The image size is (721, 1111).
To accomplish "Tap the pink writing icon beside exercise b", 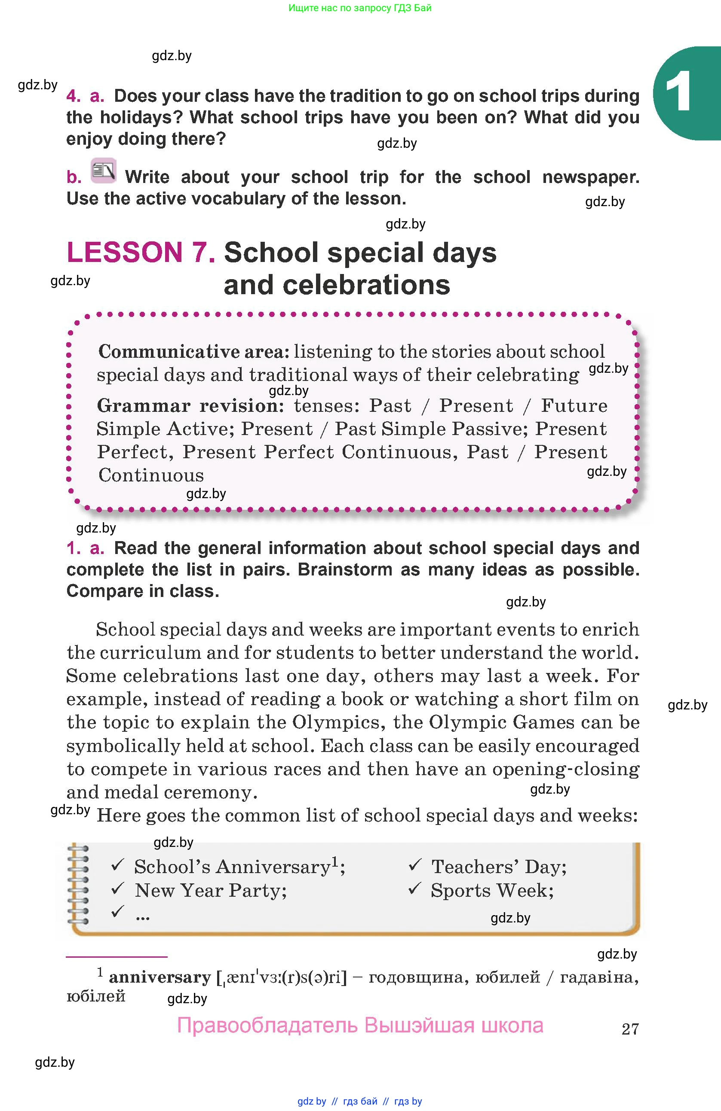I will click(x=103, y=170).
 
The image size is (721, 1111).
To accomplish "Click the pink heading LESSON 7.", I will click(x=141, y=253).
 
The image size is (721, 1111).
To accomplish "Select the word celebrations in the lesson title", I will click(x=337, y=285).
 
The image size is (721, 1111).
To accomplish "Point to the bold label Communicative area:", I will click(x=194, y=351).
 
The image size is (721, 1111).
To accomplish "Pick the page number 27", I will click(x=630, y=1029).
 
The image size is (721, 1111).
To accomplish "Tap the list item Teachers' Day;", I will click(x=499, y=867).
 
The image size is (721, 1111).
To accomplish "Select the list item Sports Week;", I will click(x=492, y=890).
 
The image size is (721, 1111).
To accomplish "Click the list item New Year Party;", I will click(x=211, y=890).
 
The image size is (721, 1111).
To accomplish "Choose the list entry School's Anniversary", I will click(x=232, y=867).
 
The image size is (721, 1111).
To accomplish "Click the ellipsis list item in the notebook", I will click(x=142, y=916).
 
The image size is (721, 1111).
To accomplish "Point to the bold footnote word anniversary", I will click(x=160, y=977).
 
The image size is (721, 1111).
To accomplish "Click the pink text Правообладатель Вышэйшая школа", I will click(x=360, y=1026).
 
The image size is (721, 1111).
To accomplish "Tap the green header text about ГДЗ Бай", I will click(x=360, y=8).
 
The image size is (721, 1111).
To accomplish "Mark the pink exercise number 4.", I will click(x=74, y=96).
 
